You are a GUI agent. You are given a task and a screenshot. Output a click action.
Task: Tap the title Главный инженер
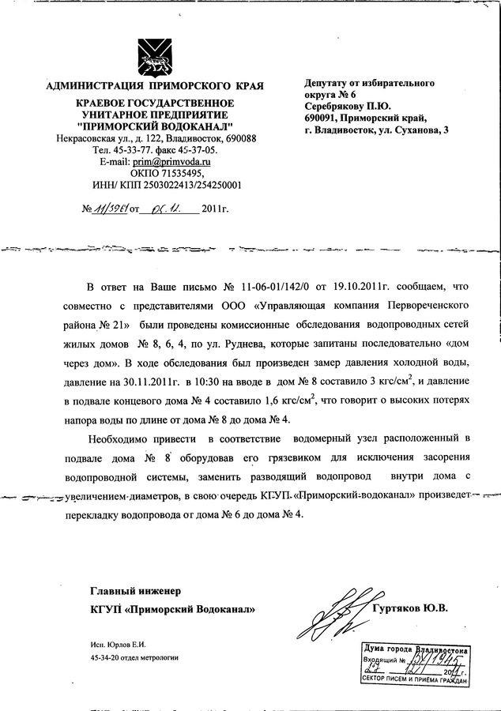(x=136, y=589)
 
